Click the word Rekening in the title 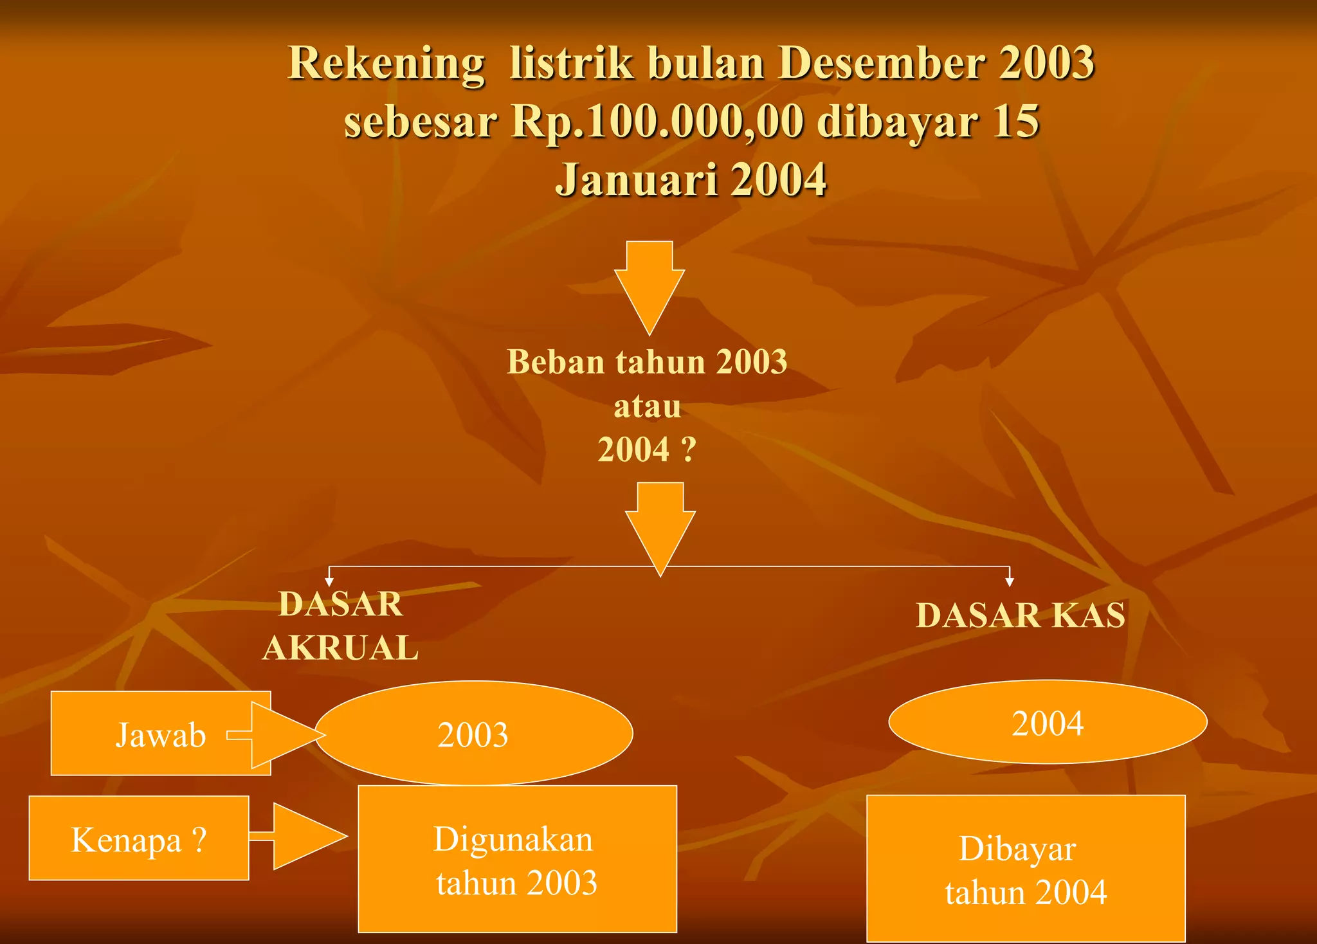(x=386, y=64)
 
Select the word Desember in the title (x=881, y=63)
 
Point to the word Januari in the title (x=636, y=179)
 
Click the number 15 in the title (x=1015, y=122)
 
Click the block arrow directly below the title (x=649, y=283)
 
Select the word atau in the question (x=647, y=406)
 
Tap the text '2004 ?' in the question (x=647, y=449)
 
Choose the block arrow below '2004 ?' (x=660, y=524)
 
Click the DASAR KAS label (x=1021, y=615)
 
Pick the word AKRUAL (x=341, y=648)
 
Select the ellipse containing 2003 (x=474, y=734)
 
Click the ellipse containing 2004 (x=1048, y=722)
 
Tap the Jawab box (x=148, y=734)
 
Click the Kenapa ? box (x=139, y=839)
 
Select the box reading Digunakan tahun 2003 (x=517, y=859)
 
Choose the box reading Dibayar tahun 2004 (x=1026, y=869)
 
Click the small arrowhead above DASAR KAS (x=1010, y=581)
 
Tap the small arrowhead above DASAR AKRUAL (x=329, y=581)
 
